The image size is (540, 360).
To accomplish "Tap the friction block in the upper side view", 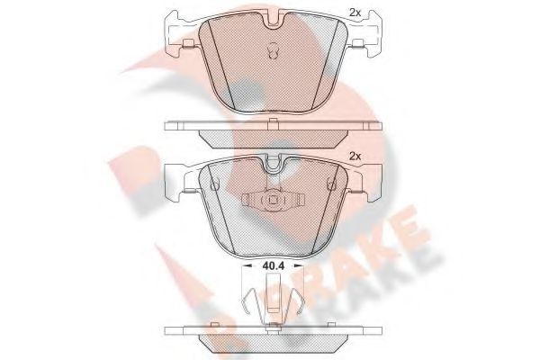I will (270, 136).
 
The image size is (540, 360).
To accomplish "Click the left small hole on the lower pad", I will (213, 184).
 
